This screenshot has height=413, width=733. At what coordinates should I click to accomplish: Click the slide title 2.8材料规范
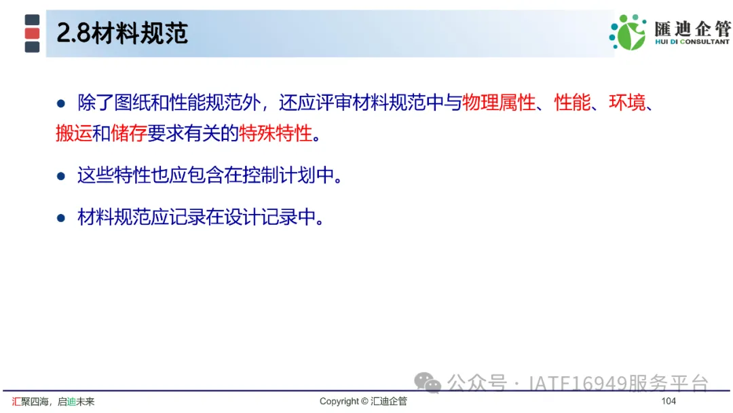click(x=122, y=33)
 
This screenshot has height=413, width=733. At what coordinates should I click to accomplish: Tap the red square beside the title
click(x=33, y=33)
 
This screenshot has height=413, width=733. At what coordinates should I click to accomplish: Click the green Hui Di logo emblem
click(x=628, y=32)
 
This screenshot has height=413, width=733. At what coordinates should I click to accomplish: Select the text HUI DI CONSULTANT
click(x=692, y=41)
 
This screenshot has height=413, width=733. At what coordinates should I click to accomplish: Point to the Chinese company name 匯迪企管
click(x=692, y=29)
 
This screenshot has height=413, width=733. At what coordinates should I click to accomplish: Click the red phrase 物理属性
click(x=499, y=103)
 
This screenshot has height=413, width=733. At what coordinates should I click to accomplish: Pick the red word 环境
click(x=627, y=103)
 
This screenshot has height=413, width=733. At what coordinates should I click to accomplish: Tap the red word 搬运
click(x=74, y=133)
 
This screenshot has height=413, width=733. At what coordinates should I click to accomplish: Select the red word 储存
click(x=129, y=133)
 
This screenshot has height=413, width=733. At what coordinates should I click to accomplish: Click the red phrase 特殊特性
click(x=276, y=133)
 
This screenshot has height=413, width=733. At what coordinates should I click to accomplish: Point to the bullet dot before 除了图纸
click(x=61, y=103)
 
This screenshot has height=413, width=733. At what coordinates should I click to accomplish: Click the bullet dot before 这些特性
click(x=61, y=177)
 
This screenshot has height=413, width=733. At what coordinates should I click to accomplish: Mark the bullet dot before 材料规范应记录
click(x=61, y=218)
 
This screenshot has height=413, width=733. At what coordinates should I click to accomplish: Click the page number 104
click(x=669, y=401)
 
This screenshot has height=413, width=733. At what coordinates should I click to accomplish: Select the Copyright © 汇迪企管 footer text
click(x=363, y=401)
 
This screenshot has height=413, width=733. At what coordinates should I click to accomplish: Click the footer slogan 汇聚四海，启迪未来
click(x=54, y=401)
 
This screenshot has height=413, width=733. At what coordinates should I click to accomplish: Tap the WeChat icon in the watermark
click(x=428, y=382)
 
